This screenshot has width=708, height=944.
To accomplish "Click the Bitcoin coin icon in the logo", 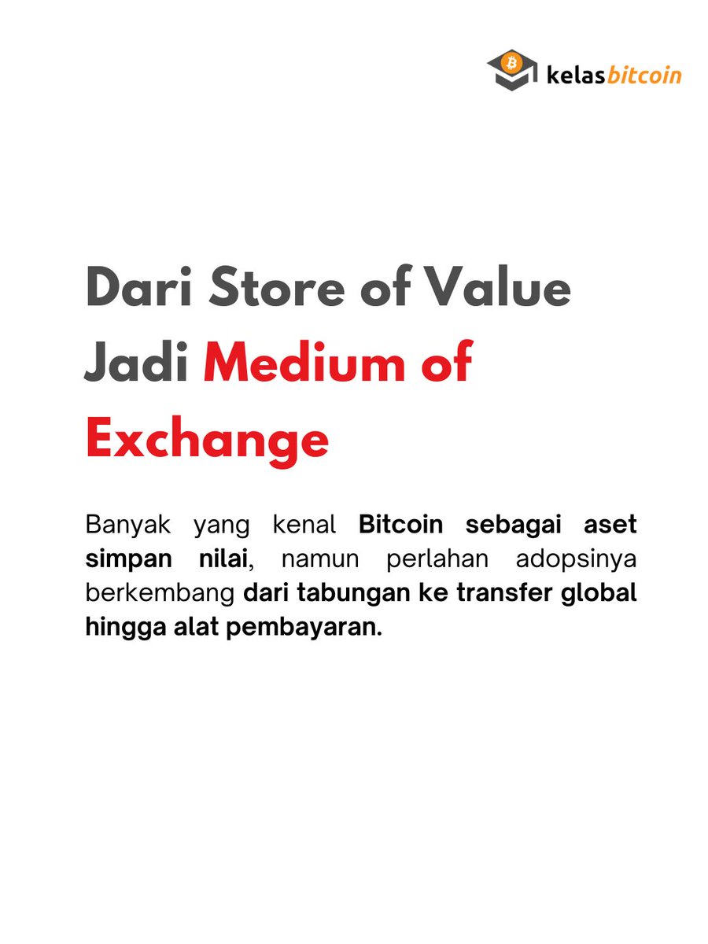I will point(511,61).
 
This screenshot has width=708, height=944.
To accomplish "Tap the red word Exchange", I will point(207,441).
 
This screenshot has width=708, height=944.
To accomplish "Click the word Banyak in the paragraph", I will point(127,524).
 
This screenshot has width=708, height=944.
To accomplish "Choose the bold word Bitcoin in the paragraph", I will point(401,524).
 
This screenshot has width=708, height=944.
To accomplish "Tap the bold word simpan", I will point(125,560).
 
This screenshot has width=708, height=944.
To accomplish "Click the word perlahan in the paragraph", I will point(429,560).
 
